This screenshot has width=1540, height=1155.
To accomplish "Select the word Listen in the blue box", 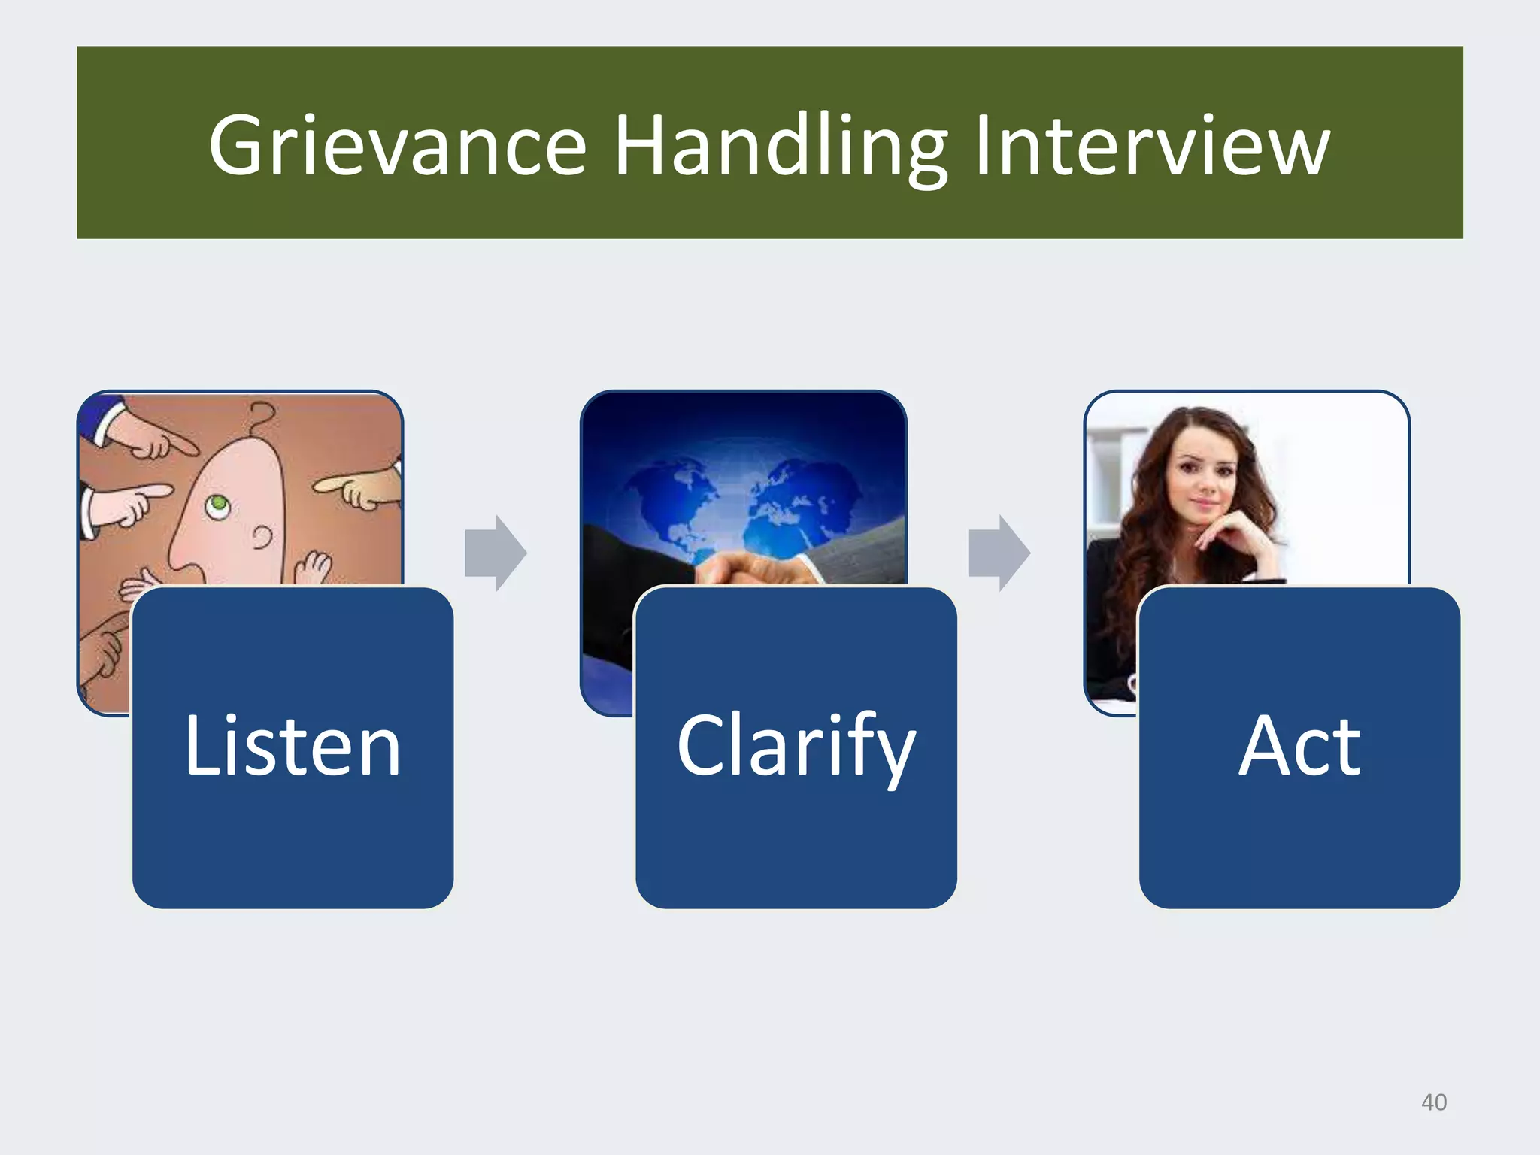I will pos(293,747).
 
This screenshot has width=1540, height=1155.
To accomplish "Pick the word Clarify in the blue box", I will pos(796,747).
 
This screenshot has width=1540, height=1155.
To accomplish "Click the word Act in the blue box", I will pos(1299,747).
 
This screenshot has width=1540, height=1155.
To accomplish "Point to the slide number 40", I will pos(1433,1102).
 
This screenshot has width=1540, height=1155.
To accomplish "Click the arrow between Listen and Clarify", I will pos(496,553).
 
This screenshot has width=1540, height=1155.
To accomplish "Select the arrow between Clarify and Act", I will pos(999,553).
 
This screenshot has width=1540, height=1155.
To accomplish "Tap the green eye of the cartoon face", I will pos(217,502).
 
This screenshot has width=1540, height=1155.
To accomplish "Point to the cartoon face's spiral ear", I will pos(262,538).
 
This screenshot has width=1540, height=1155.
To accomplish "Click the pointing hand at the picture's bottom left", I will pos(105,647).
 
